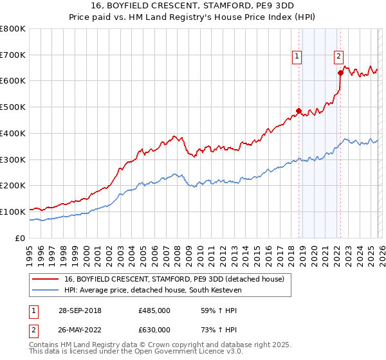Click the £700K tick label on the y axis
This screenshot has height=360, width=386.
tap(13, 55)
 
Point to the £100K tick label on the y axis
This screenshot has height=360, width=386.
tap(13, 212)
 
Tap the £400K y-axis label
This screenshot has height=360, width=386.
tap(13, 133)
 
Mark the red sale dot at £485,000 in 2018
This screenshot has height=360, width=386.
tap(299, 111)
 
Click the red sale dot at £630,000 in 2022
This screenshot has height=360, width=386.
tap(340, 73)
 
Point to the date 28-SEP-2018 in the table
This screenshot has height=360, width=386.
tap(79, 310)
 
